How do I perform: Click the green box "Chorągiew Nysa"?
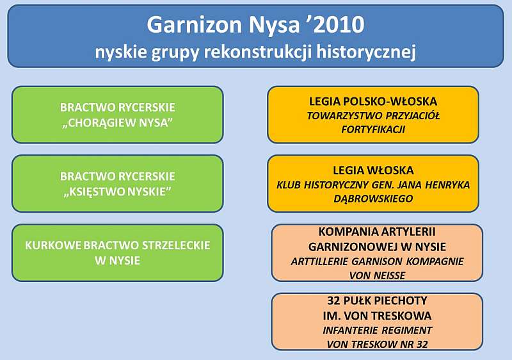point(118,115)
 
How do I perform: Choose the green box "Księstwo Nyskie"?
point(118,184)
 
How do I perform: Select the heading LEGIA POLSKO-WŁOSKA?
point(373,101)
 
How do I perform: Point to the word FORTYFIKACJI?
point(373,129)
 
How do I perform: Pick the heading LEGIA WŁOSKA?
point(373,170)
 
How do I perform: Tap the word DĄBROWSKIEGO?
point(373,199)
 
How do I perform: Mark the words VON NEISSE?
point(377,275)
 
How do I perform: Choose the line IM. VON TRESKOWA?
point(377,316)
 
